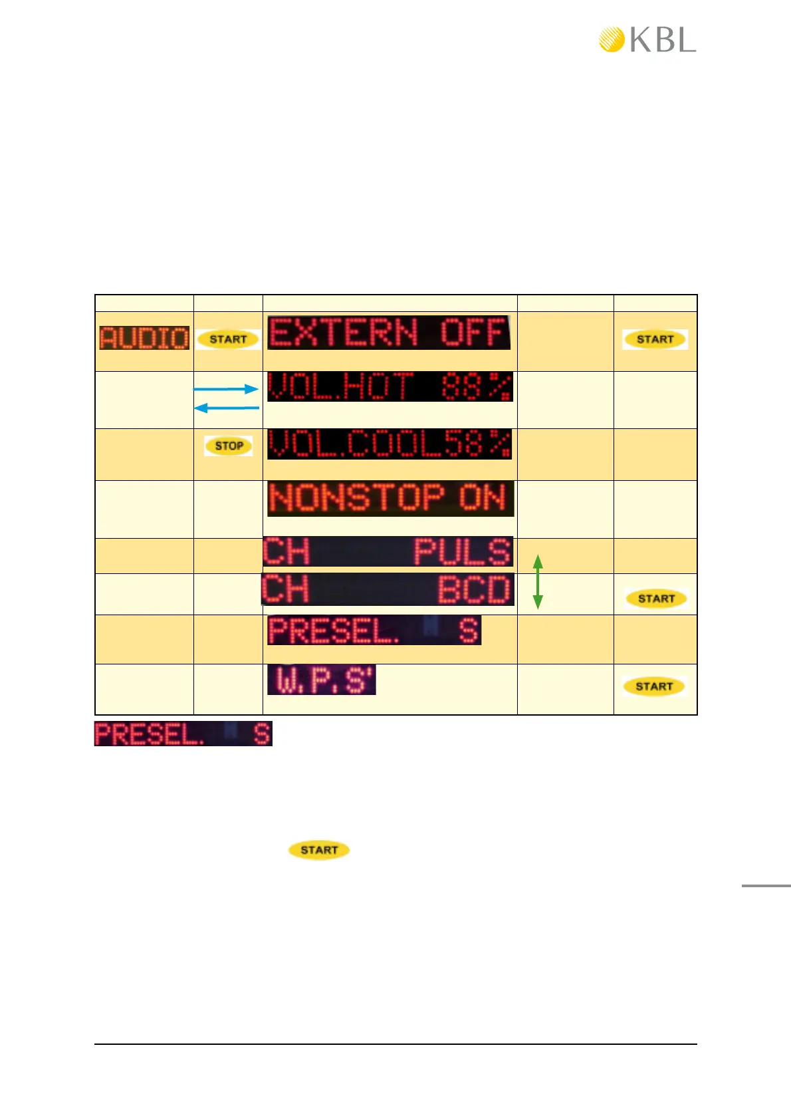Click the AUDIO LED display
(x=144, y=338)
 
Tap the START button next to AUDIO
(x=228, y=339)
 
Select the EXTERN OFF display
(x=389, y=333)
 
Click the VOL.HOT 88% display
(x=390, y=386)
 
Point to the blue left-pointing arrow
(x=226, y=408)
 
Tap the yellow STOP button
(x=229, y=446)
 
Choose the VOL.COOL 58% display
(x=390, y=444)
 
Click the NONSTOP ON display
(x=390, y=498)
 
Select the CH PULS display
(x=388, y=551)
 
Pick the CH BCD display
(x=388, y=589)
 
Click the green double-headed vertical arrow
(x=538, y=583)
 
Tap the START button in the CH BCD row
(x=656, y=599)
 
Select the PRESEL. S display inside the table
(x=374, y=630)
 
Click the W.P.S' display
(x=322, y=680)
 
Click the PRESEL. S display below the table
(x=183, y=734)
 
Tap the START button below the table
(x=319, y=850)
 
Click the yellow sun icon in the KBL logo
(x=612, y=39)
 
